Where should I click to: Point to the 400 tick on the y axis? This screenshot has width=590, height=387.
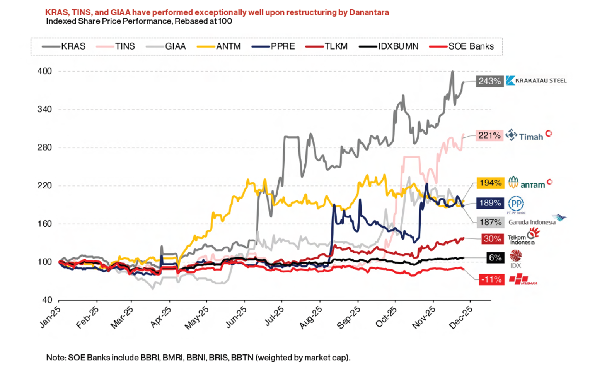tap(44, 71)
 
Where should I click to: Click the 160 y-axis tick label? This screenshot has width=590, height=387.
tap(44, 224)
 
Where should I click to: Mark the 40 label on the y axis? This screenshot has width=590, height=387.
tap(47, 300)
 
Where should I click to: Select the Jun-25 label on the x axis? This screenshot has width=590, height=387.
tap(236, 317)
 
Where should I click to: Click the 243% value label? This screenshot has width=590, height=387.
tap(489, 81)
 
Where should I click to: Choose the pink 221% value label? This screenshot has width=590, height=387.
tap(489, 135)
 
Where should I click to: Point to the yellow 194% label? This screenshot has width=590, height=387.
tap(490, 183)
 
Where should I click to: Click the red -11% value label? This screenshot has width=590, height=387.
tap(491, 279)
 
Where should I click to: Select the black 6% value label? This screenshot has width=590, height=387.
tap(495, 258)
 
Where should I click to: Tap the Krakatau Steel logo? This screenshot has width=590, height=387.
tap(536, 80)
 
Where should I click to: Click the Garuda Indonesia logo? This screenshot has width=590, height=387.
tap(537, 221)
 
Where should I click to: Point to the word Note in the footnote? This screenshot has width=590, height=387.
tap(56, 358)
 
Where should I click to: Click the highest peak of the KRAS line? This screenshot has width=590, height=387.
tap(452, 72)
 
